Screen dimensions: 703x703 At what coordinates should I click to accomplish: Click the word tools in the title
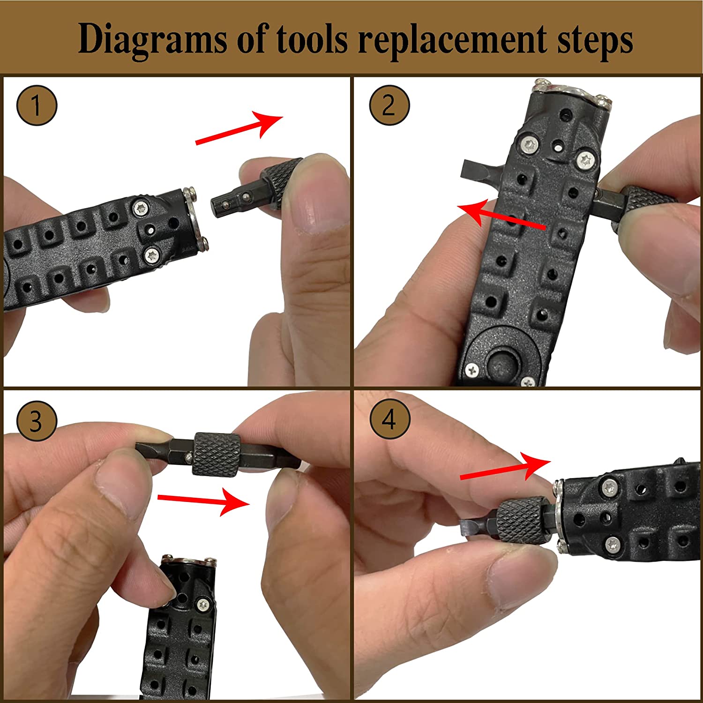[x=312, y=38]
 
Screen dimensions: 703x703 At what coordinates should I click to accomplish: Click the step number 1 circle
[x=37, y=105]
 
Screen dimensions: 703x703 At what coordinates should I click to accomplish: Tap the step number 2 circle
[x=389, y=105]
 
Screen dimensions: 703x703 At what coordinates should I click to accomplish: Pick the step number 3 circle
[x=37, y=420]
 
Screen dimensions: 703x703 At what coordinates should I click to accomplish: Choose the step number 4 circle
[x=389, y=419]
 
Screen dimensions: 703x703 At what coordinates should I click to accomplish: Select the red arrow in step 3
[x=203, y=501]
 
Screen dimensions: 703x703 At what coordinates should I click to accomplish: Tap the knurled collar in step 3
[x=217, y=454]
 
